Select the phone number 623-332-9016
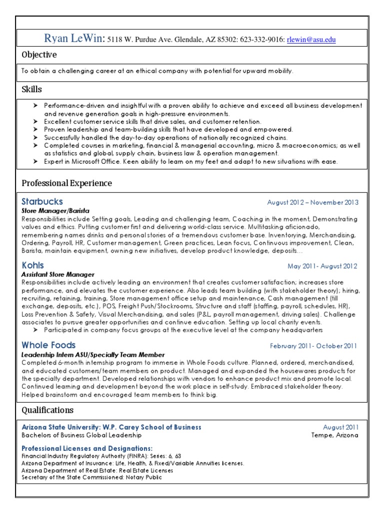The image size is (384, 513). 262,40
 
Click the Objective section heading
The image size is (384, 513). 39,55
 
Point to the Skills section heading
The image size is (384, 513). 31,89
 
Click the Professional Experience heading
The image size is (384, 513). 66,183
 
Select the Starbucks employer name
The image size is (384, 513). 42,201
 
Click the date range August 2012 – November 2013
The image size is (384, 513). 312,202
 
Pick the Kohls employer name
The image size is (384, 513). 33,265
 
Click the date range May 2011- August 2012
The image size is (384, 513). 322,266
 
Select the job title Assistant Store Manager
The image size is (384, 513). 57,275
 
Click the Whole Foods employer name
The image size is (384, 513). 48,345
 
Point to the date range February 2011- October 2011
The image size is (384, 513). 314,346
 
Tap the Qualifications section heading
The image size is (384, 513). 47,410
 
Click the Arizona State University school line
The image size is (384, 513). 111,427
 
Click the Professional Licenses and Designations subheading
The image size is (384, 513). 87,448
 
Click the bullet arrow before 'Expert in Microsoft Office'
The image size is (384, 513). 35,162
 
